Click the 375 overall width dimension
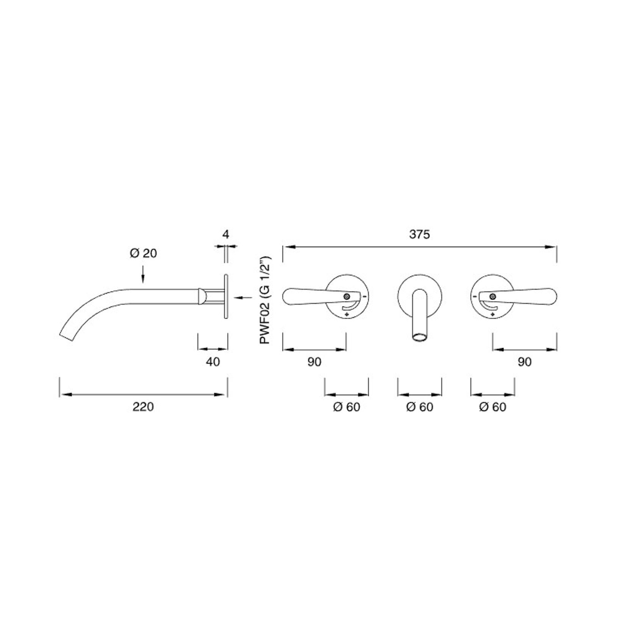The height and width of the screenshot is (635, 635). (419, 235)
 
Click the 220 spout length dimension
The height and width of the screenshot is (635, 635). (143, 407)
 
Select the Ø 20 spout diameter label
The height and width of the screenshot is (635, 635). (143, 253)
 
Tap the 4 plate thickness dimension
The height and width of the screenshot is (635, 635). (226, 235)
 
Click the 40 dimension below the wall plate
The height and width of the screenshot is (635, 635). (213, 362)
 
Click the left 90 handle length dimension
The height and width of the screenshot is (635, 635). (314, 362)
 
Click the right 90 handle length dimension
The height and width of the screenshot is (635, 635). (524, 362)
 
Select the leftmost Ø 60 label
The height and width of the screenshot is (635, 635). (346, 407)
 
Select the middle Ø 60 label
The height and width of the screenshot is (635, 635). (419, 407)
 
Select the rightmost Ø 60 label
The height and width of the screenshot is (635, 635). (493, 407)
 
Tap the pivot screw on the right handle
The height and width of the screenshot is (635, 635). (493, 296)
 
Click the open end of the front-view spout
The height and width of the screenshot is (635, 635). (419, 337)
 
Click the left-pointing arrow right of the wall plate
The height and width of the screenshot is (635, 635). (243, 298)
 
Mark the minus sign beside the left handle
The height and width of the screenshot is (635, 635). (364, 296)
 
